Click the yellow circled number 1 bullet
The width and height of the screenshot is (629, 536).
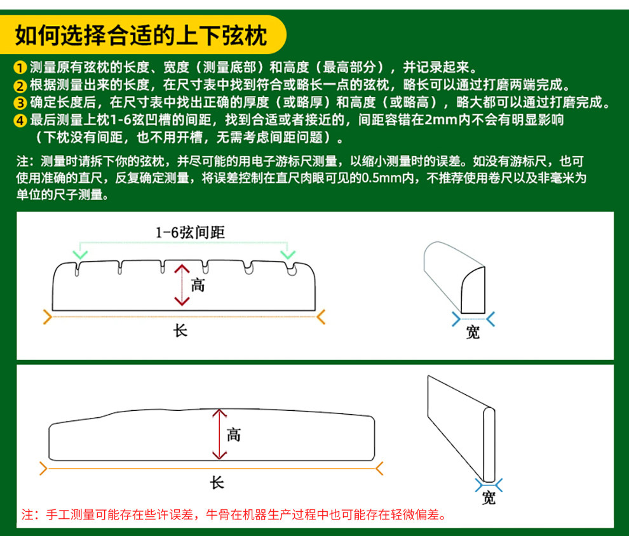pyautogui.click(x=20, y=67)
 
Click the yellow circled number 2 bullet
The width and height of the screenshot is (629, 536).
pyautogui.click(x=20, y=85)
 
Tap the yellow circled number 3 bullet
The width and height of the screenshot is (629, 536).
pyautogui.click(x=20, y=103)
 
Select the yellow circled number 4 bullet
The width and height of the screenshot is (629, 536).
pyautogui.click(x=20, y=120)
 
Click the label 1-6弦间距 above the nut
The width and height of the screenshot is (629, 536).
pyautogui.click(x=190, y=232)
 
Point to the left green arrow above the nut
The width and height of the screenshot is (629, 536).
pyautogui.click(x=80, y=254)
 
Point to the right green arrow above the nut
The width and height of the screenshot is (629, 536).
pyautogui.click(x=288, y=254)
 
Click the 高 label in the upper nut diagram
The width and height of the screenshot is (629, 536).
pyautogui.click(x=198, y=285)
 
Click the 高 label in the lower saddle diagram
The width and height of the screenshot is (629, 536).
pyautogui.click(x=233, y=434)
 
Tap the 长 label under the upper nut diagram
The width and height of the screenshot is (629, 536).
pyautogui.click(x=180, y=331)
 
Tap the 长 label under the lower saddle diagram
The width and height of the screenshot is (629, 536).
pyautogui.click(x=217, y=483)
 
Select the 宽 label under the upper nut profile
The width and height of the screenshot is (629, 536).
pyautogui.click(x=473, y=332)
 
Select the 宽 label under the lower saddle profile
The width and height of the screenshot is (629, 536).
pyautogui.click(x=489, y=497)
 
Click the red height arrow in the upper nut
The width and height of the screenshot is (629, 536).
pyautogui.click(x=182, y=285)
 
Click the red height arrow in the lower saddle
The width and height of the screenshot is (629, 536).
pyautogui.click(x=219, y=434)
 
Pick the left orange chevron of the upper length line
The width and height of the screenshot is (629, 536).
pyautogui.click(x=48, y=317)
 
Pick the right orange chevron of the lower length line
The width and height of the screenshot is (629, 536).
pyautogui.click(x=379, y=468)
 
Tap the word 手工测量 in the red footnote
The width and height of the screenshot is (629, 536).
pyautogui.click(x=71, y=514)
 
